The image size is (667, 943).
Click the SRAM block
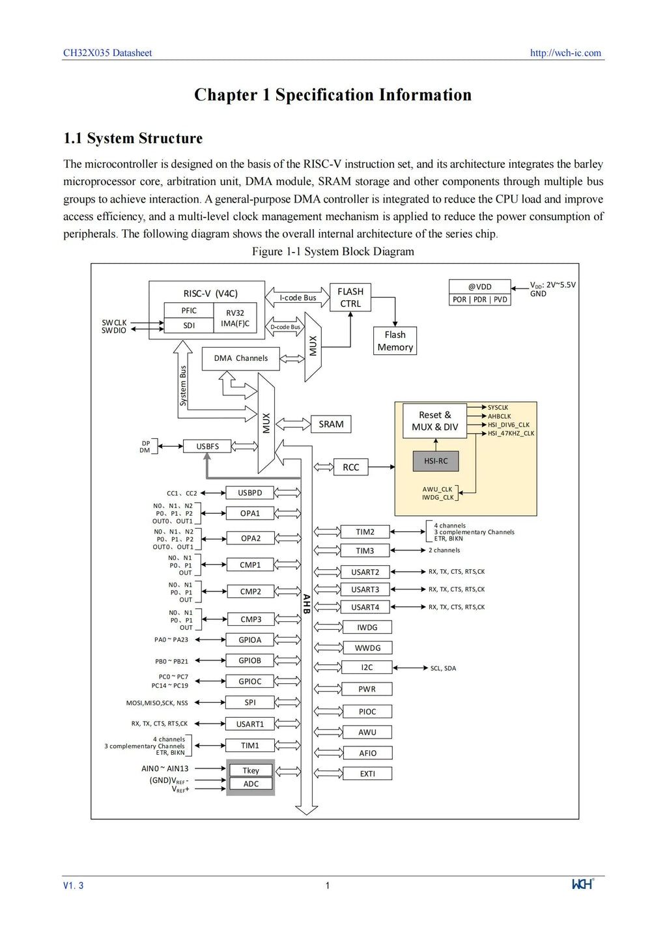click(330, 424)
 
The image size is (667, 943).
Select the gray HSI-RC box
click(435, 461)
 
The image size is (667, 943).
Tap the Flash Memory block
click(395, 341)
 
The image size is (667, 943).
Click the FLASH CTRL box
click(350, 297)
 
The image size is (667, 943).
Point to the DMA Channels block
click(240, 358)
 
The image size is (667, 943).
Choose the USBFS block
click(207, 446)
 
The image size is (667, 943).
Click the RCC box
click(351, 467)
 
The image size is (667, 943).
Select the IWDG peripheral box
click(367, 627)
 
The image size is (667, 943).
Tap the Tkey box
click(251, 770)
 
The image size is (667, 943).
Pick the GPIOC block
click(249, 681)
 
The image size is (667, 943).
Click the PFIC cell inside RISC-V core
click(189, 310)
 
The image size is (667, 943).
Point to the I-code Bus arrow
click(297, 297)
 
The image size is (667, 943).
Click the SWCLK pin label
click(114, 322)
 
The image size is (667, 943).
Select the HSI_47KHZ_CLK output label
click(511, 433)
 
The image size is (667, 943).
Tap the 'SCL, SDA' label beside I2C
click(443, 668)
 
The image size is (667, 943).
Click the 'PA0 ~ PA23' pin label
click(171, 640)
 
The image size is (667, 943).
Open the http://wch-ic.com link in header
click(565, 53)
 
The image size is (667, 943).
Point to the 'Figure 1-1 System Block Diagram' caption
click(333, 251)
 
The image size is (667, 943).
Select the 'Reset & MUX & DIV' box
click(434, 421)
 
